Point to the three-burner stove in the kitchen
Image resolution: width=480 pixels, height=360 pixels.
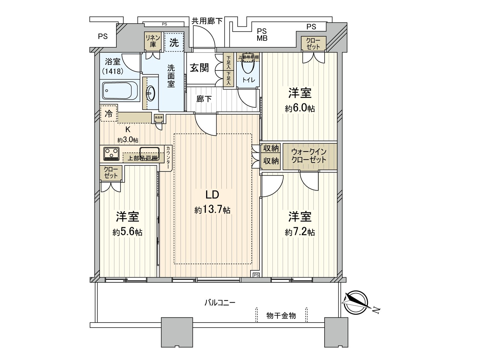(x=111, y=153)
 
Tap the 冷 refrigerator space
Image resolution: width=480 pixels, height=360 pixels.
(x=109, y=113)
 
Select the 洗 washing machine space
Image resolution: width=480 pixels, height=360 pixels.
(x=174, y=42)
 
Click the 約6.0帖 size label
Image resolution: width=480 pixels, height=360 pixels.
(x=300, y=108)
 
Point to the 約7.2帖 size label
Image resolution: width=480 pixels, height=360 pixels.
(x=300, y=232)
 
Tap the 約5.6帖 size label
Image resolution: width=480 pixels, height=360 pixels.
(x=127, y=232)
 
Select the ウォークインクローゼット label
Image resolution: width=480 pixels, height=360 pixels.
(x=309, y=156)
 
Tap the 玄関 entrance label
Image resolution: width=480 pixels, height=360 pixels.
(x=199, y=68)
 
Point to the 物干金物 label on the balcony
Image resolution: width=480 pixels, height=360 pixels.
(x=281, y=315)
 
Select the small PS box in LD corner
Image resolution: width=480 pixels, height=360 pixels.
(x=256, y=274)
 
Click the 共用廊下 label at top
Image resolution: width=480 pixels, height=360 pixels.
(x=207, y=21)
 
